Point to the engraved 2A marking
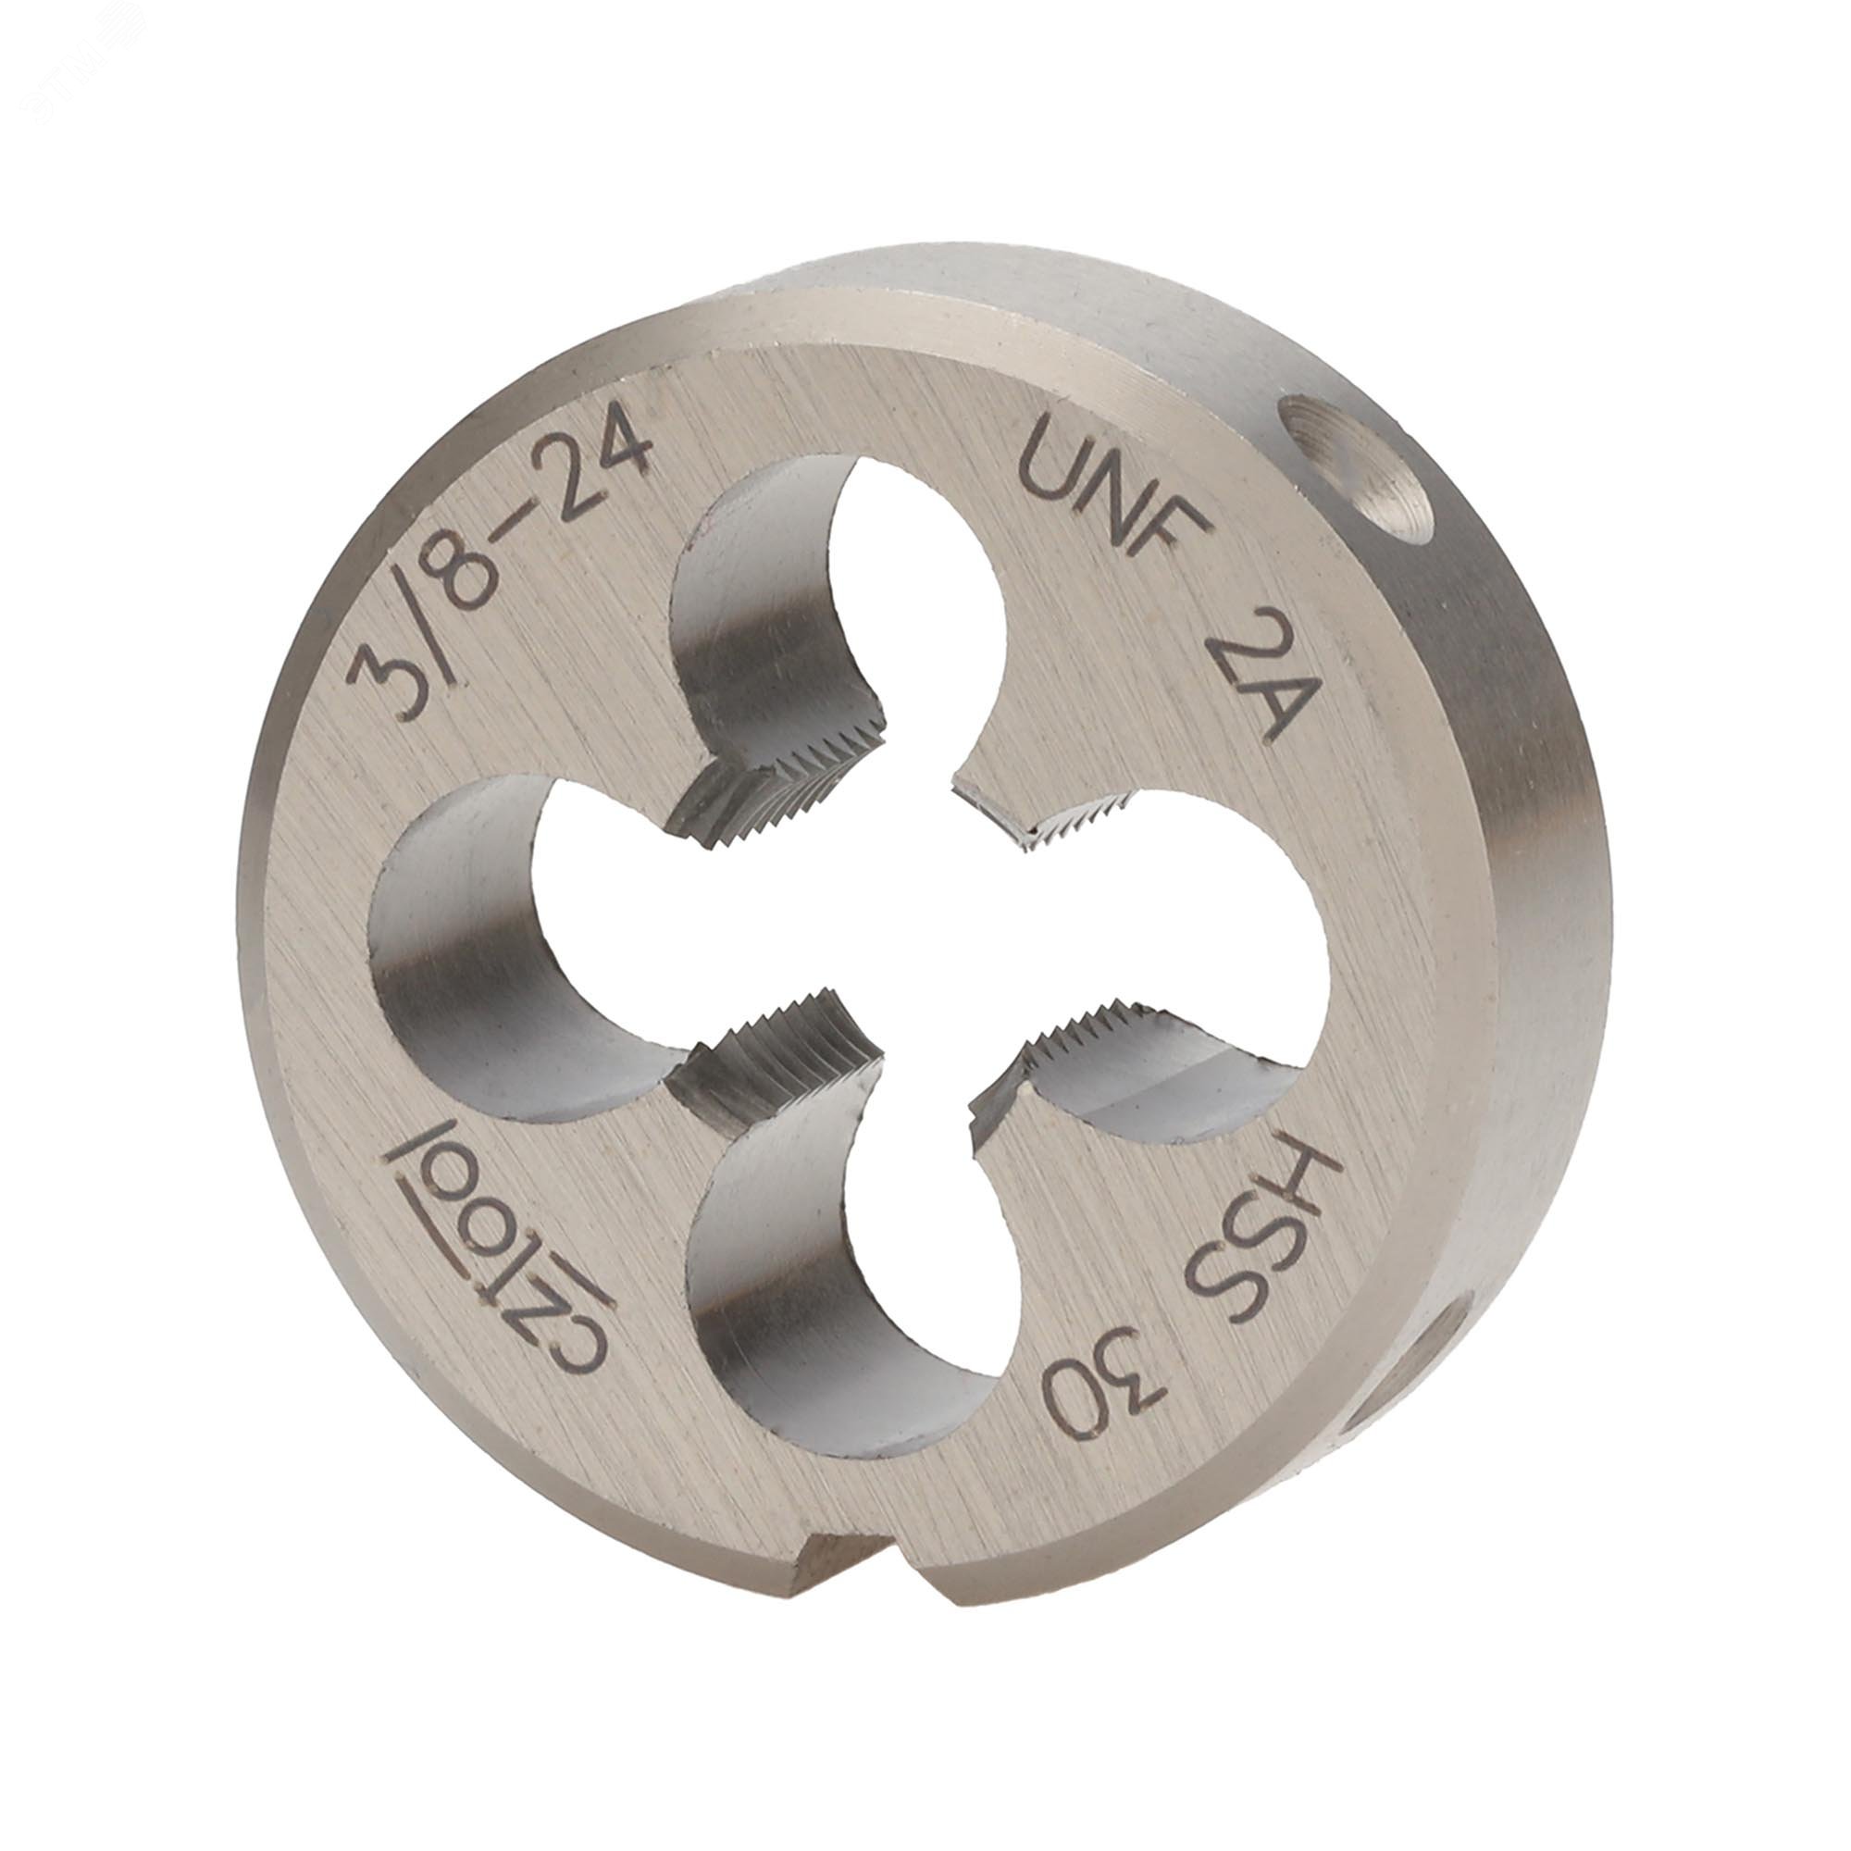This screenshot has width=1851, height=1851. point(1251,686)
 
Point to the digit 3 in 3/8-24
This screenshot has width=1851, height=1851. point(388,680)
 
